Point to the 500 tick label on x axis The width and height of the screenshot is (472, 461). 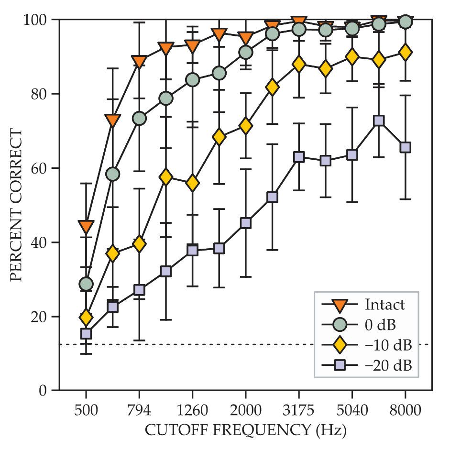tap(86, 410)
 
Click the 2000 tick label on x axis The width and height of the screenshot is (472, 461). tap(245, 410)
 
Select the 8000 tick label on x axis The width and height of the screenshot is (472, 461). tap(405, 410)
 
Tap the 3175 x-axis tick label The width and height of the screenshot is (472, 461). tap(298, 410)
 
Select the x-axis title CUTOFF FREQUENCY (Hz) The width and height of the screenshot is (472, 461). tap(245, 430)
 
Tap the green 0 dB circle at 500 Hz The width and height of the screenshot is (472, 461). tap(86, 284)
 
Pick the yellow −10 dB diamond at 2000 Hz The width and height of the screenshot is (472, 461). tap(245, 126)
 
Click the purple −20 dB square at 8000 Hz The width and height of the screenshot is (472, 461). tap(405, 147)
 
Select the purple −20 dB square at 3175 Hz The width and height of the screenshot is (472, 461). tap(299, 157)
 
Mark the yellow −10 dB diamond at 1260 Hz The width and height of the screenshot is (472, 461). tap(192, 183)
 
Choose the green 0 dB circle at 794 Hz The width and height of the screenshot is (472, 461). tap(139, 119)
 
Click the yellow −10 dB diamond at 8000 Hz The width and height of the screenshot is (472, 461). tap(405, 53)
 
